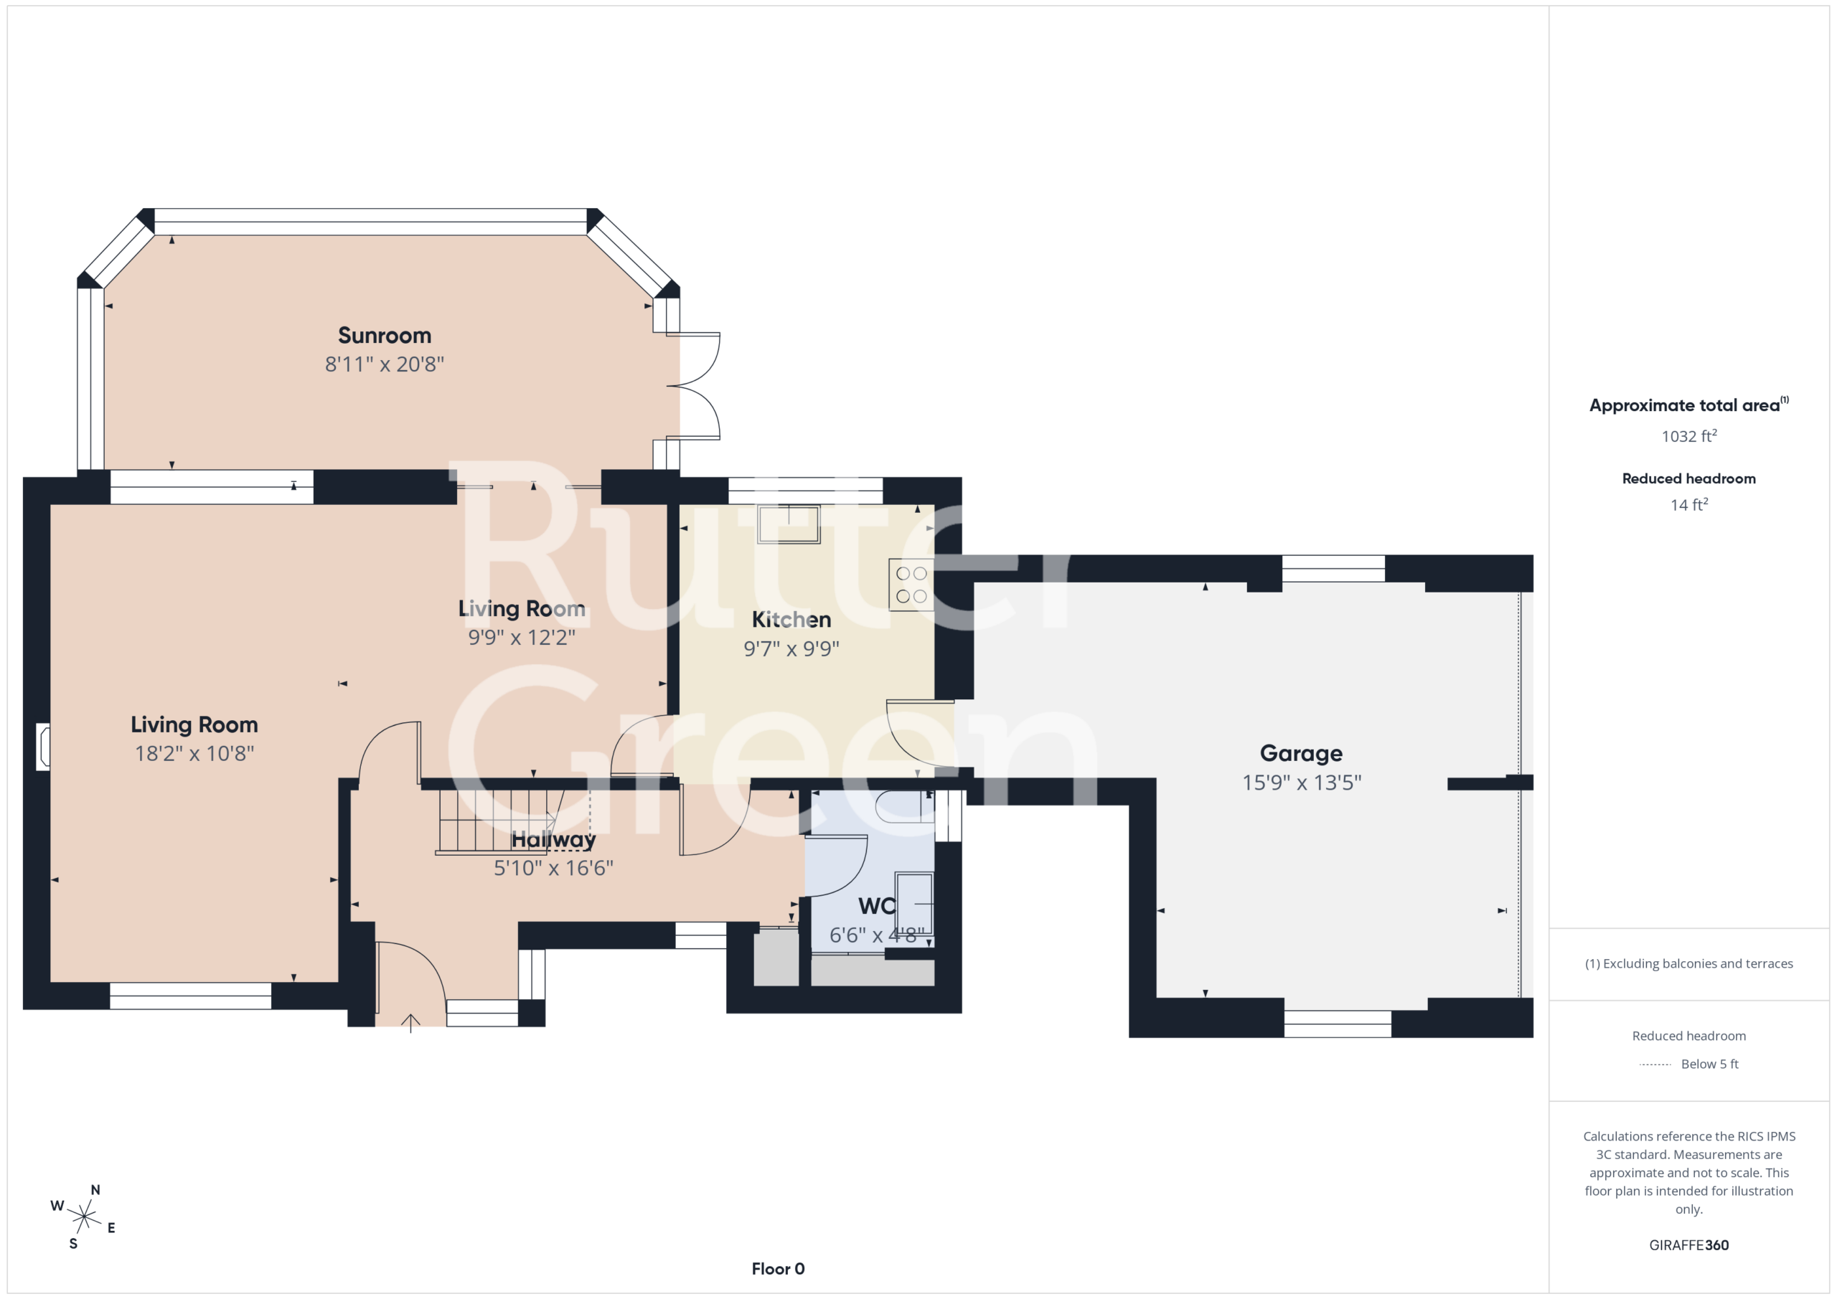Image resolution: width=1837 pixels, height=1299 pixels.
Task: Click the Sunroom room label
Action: point(384,335)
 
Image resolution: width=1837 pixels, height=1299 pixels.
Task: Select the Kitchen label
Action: point(791,620)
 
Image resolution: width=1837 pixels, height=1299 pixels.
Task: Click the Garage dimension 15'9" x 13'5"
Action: point(1302,783)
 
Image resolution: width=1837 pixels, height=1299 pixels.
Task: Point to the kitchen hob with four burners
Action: point(911,585)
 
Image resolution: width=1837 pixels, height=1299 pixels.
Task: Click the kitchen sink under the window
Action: point(789,524)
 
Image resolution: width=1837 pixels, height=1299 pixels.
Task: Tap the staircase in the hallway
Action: point(498,822)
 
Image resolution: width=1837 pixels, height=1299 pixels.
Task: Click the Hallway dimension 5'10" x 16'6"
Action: point(554,868)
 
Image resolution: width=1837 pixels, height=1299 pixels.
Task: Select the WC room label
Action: point(877,906)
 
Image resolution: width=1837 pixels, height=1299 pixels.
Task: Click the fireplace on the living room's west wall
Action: point(43,747)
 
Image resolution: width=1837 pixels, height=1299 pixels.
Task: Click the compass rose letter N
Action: point(95,1190)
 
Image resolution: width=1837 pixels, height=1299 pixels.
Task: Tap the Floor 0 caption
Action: point(779,1269)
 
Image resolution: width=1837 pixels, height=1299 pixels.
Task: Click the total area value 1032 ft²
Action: point(1689,436)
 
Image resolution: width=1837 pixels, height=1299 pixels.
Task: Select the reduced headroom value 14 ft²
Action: point(1689,505)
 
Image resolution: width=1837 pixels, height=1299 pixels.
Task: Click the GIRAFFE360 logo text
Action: point(1689,1245)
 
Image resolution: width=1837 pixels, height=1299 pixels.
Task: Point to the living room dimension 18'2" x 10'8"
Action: point(194,753)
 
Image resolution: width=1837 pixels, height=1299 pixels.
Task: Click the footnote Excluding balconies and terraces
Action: point(1689,964)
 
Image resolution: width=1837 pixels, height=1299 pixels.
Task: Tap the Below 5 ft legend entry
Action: point(1689,1064)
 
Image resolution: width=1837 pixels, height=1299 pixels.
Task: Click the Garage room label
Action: point(1302,753)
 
